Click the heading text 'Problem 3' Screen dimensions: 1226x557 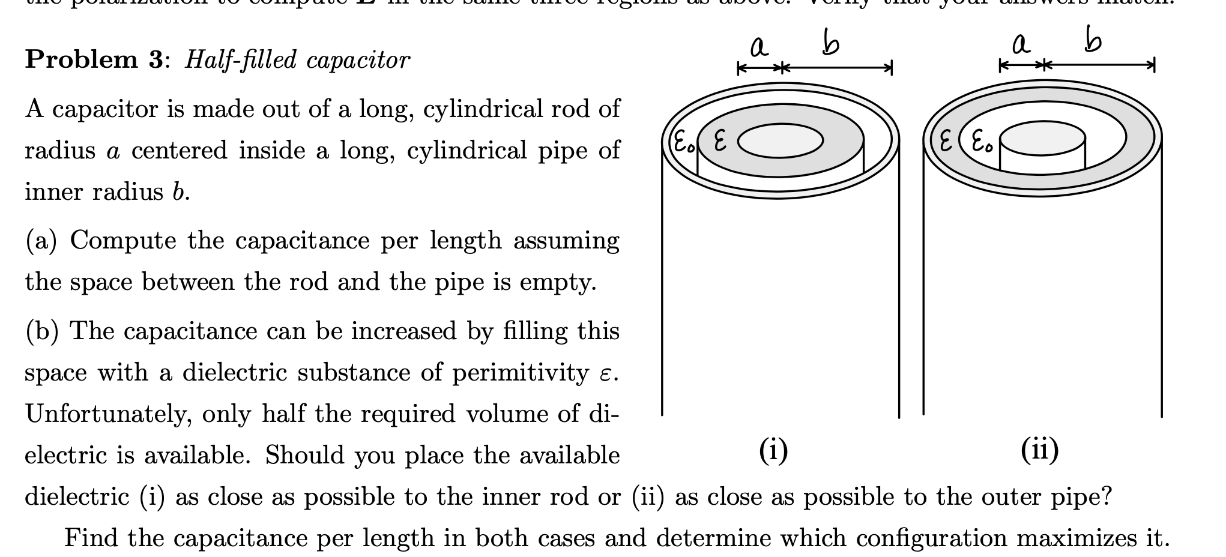93,60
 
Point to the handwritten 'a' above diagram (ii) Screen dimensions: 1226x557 1021,44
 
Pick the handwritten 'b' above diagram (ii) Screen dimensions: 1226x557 1093,41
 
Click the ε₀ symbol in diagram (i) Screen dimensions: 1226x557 682,143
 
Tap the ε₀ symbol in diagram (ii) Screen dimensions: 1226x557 981,143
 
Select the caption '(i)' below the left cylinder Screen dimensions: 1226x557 773,451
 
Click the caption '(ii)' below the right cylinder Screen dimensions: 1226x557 1040,450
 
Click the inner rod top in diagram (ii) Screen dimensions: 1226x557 1042,138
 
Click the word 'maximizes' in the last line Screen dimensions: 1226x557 1072,538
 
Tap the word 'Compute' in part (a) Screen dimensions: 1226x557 123,241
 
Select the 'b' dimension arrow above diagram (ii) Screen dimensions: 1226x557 1099,65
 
